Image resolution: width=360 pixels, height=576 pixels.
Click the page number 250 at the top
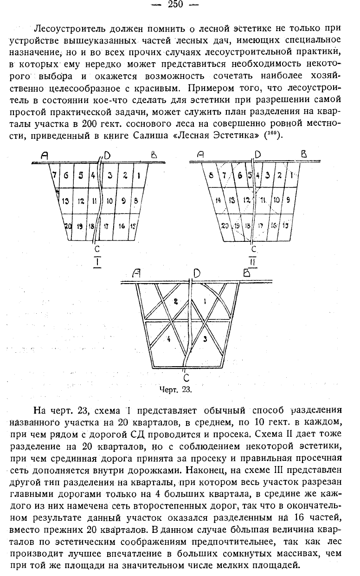click(x=175, y=4)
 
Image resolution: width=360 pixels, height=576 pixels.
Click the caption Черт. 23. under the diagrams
click(x=175, y=389)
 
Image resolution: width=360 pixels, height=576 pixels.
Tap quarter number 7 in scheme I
click(x=54, y=175)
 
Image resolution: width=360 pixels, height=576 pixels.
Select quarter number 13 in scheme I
click(x=65, y=201)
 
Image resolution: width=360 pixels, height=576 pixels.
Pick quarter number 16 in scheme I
click(x=122, y=226)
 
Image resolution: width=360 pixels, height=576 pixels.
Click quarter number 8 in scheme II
click(x=211, y=176)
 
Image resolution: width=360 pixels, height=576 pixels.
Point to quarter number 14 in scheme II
click(x=218, y=200)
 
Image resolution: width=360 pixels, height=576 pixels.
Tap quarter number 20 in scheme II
click(x=225, y=226)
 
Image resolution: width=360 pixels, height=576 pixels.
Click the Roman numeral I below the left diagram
click(x=97, y=262)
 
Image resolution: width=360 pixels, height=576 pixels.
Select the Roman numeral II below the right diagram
click(x=253, y=262)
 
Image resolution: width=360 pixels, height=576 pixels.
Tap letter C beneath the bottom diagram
click(x=186, y=377)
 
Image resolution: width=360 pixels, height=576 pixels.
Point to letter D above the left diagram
click(x=107, y=155)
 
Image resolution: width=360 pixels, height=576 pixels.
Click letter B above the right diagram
click(x=304, y=154)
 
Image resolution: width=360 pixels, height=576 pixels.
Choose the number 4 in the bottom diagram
click(x=168, y=339)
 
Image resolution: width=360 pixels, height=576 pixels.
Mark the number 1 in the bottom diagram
click(x=205, y=301)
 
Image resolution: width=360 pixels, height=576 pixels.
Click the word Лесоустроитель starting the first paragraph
click(x=69, y=28)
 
